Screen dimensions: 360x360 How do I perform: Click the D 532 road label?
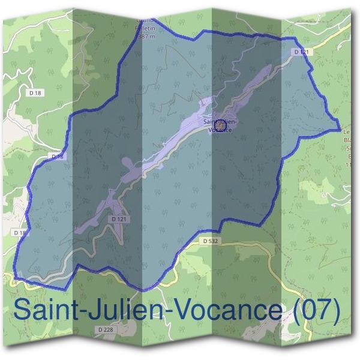tap(209, 241)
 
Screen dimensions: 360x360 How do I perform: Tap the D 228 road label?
tap(104, 329)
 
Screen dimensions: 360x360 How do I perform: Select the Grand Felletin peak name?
tap(146, 24)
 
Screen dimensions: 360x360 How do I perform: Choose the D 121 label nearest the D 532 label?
tap(119, 219)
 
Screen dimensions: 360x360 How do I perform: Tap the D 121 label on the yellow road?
tap(301, 52)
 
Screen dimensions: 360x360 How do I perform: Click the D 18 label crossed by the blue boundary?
tap(57, 157)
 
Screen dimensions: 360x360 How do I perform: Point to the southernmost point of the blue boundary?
tap(143, 290)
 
